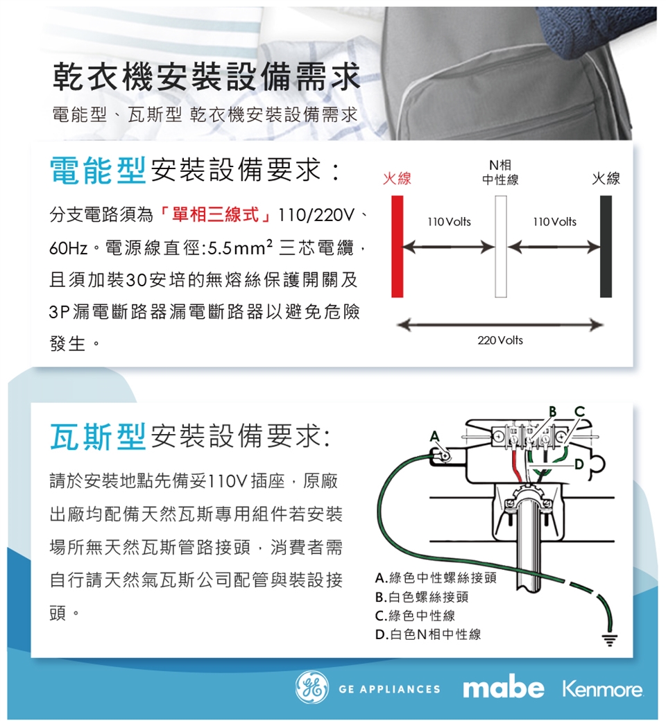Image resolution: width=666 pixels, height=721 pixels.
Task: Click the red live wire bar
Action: click(x=397, y=246)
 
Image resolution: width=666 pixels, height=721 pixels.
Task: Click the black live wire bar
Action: click(x=606, y=246)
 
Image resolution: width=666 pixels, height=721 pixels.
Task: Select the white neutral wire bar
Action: click(x=501, y=246)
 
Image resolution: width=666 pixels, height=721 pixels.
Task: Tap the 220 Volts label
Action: click(x=501, y=340)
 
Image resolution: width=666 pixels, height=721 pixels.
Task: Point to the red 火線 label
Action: click(x=397, y=180)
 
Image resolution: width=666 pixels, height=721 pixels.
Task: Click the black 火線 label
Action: click(x=606, y=180)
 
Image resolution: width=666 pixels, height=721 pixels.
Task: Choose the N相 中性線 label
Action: click(x=501, y=173)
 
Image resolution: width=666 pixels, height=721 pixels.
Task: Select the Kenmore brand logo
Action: click(x=603, y=689)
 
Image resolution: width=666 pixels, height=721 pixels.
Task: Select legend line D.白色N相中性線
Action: click(x=427, y=634)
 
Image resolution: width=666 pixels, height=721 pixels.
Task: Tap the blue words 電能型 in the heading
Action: click(x=97, y=170)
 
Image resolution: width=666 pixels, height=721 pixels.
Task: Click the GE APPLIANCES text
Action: click(x=389, y=689)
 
